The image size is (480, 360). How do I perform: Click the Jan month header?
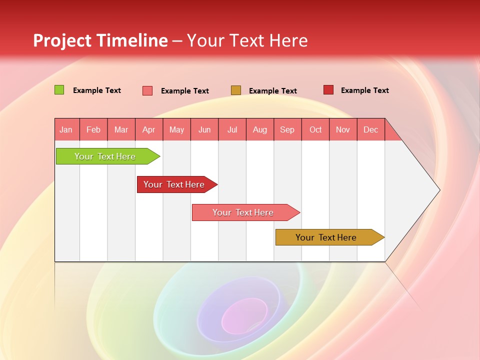point(66,129)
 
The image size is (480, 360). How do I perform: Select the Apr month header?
point(149,129)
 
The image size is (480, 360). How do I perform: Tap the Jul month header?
point(232,129)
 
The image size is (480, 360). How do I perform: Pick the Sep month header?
point(287,129)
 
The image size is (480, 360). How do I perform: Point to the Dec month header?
point(370,129)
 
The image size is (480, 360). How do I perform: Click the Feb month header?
point(93,129)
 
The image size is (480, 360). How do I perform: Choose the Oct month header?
point(315,129)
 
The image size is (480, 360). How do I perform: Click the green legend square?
point(59,90)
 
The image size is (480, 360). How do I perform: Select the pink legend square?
point(147,90)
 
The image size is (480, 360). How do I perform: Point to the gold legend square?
point(236,90)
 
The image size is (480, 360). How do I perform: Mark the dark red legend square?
point(328,89)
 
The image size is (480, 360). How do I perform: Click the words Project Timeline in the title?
point(100,40)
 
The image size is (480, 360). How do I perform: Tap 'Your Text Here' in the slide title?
point(247,40)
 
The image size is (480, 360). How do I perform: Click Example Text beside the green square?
point(97,90)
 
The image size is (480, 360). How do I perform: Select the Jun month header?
point(204,129)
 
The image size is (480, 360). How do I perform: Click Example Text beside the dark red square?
point(365,90)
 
